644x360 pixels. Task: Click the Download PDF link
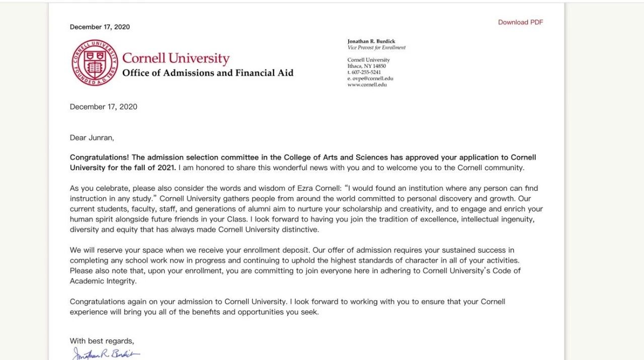[x=520, y=22]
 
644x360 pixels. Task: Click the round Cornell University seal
[x=94, y=62]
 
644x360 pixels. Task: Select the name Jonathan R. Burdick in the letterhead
[x=371, y=41]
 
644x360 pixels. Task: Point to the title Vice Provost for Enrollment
[x=376, y=48]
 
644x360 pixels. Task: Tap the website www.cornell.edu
[x=367, y=85]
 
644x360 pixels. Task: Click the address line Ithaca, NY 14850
[x=367, y=66]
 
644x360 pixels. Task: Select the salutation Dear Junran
[x=92, y=137]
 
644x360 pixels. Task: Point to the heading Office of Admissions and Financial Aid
[x=208, y=73]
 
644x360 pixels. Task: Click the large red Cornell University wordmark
[x=176, y=58]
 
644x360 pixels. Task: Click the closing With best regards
[x=102, y=341]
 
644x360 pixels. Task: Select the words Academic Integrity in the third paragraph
[x=103, y=281]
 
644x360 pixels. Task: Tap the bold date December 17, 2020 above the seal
[x=100, y=27]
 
